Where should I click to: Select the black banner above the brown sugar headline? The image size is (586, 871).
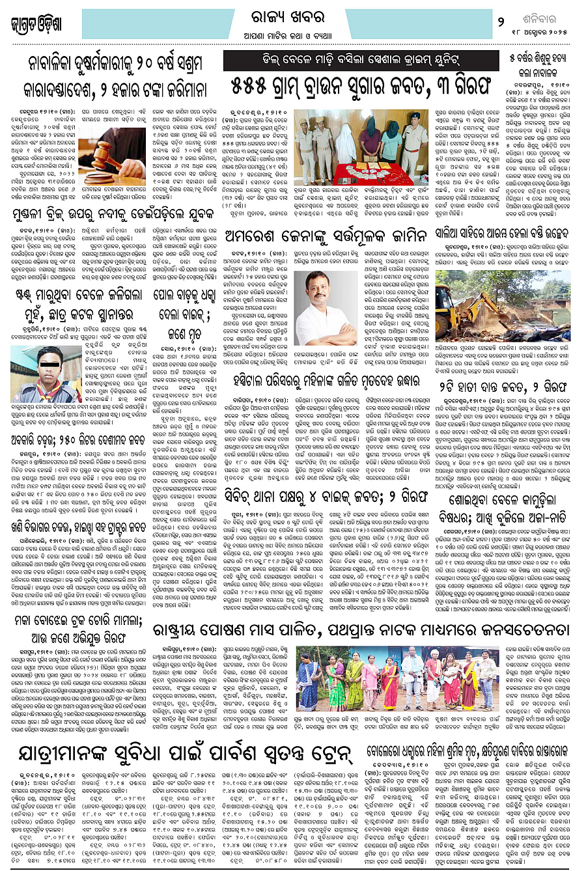[361, 61]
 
